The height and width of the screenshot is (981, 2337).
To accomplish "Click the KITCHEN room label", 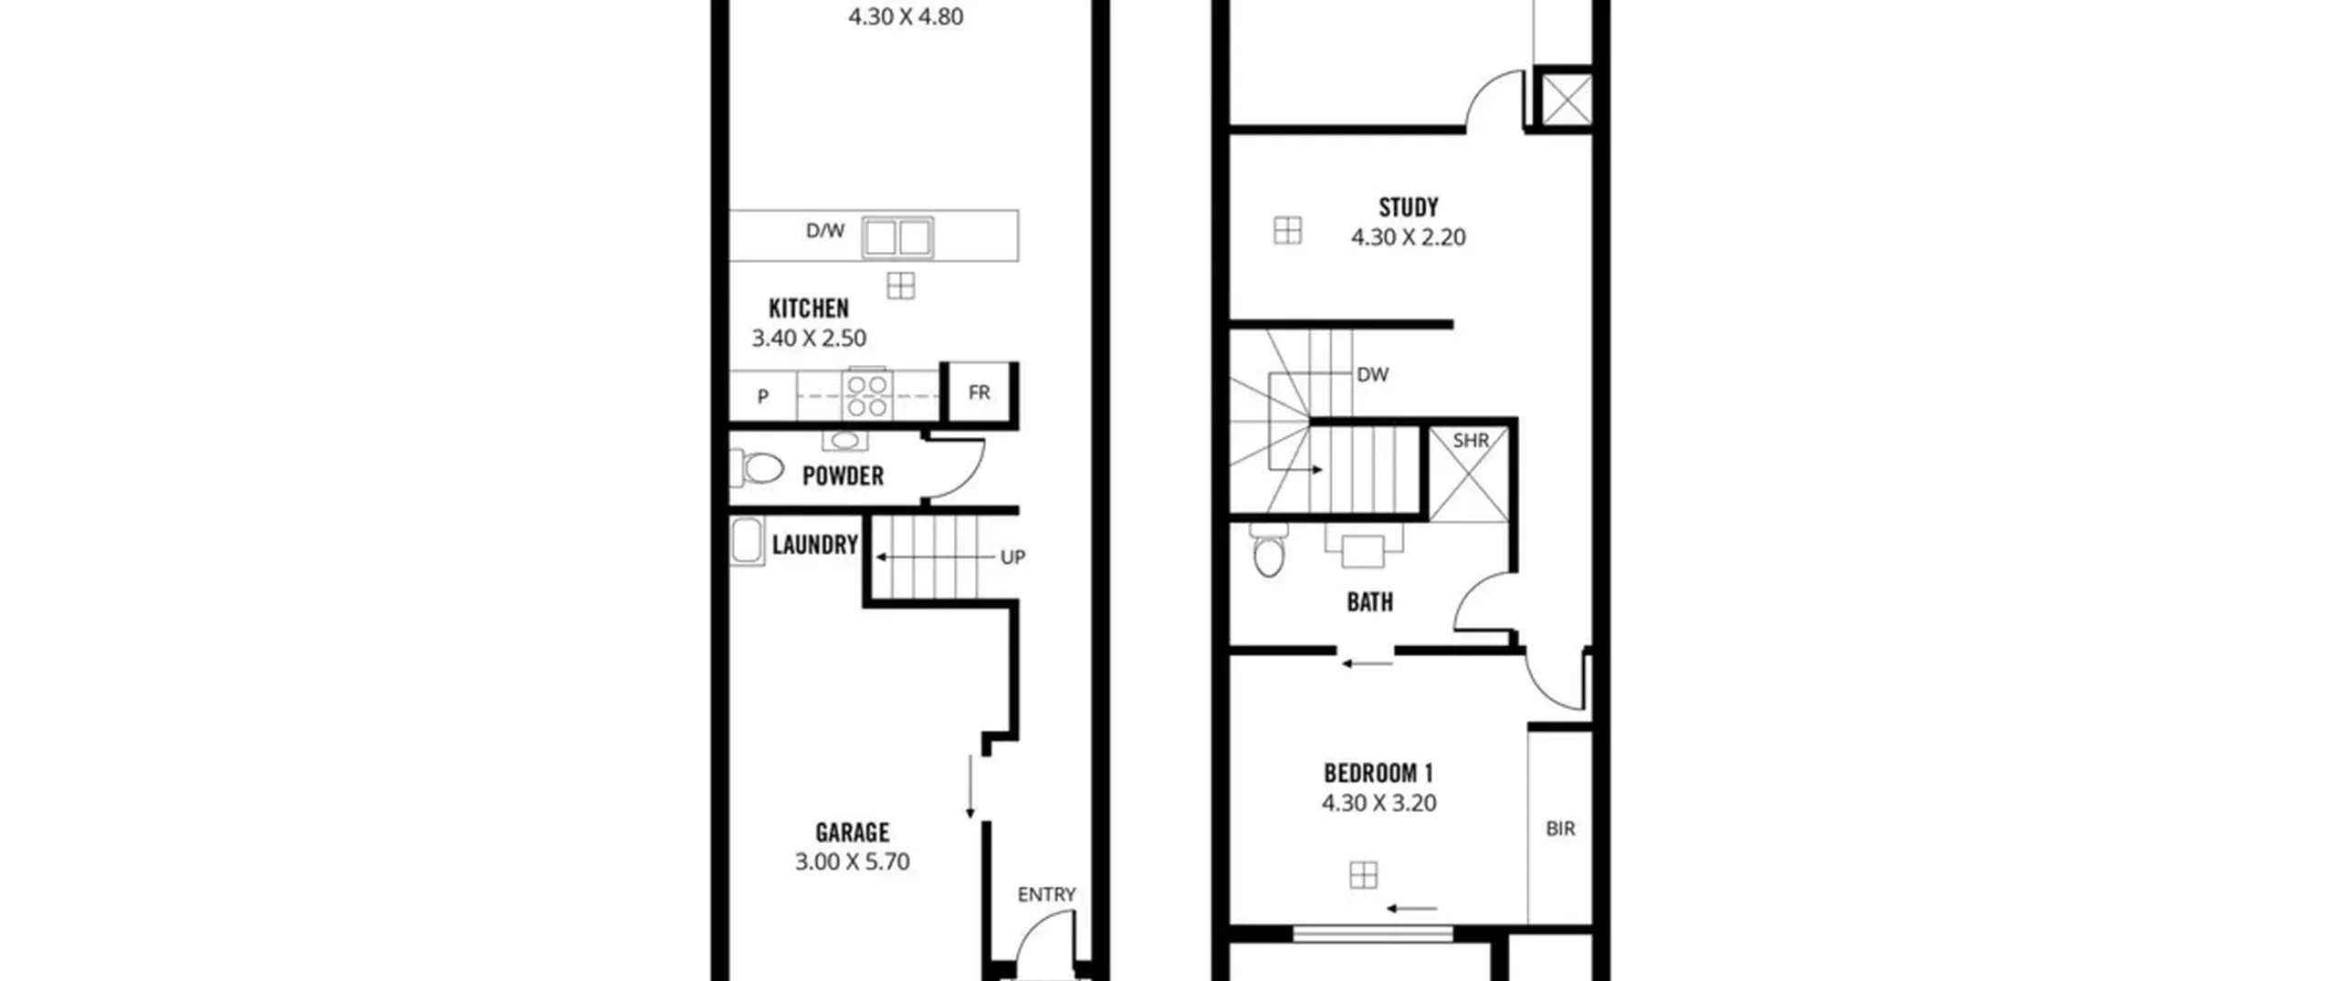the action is [809, 308].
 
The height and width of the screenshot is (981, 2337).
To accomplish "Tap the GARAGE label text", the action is [852, 832].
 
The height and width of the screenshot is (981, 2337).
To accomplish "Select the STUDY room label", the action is [1409, 207].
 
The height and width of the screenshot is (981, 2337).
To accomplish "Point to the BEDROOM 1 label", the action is [1378, 774].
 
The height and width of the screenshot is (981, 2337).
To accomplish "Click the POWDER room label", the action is [843, 476].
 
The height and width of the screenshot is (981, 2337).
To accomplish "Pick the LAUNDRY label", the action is [815, 545].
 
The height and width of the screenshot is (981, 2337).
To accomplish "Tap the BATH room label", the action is [1370, 602].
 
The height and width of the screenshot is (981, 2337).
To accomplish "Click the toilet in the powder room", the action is [757, 468].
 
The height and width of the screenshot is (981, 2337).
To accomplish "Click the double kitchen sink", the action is [898, 237].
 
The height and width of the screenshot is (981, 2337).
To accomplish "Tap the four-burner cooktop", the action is [867, 395].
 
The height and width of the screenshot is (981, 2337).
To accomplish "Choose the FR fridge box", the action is [980, 392].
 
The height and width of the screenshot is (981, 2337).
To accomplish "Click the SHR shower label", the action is [1471, 441].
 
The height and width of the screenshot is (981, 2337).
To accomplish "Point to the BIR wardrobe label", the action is [1560, 829].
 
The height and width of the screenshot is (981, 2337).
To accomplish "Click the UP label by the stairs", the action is [1012, 557].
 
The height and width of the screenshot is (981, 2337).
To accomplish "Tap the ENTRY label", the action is [1046, 894].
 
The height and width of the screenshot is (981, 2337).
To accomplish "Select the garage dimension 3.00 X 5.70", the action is [852, 861].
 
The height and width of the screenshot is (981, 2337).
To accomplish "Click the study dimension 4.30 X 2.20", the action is [1409, 237].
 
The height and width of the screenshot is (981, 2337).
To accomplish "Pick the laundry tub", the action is [748, 541].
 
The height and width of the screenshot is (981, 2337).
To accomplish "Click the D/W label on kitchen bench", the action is [825, 231].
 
